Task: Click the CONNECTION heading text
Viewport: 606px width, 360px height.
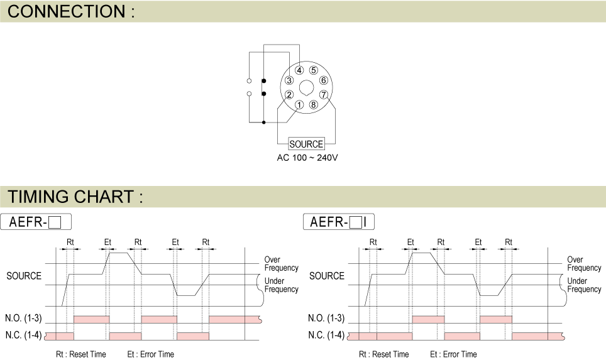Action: pyautogui.click(x=72, y=11)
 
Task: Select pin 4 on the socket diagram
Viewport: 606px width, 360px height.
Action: pyautogui.click(x=300, y=70)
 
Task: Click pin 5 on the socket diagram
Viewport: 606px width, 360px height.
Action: pyautogui.click(x=313, y=70)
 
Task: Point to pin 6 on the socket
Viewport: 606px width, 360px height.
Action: pyautogui.click(x=323, y=80)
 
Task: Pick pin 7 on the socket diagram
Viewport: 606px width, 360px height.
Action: pyautogui.click(x=323, y=95)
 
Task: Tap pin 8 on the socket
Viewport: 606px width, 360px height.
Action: pyautogui.click(x=313, y=104)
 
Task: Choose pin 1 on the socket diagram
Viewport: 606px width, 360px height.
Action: pyautogui.click(x=299, y=104)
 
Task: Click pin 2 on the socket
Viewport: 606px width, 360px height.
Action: pyautogui.click(x=289, y=95)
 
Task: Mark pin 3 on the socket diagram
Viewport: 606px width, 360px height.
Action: pyautogui.click(x=289, y=80)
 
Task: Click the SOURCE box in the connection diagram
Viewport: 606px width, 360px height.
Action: pyautogui.click(x=306, y=144)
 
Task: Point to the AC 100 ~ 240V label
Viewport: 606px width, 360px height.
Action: pyautogui.click(x=307, y=157)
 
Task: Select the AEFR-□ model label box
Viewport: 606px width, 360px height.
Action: pyautogui.click(x=36, y=222)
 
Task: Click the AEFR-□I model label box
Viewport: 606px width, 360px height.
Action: pyautogui.click(x=339, y=222)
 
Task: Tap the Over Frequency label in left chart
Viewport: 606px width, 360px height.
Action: pyautogui.click(x=281, y=264)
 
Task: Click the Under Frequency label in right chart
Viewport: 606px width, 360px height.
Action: pyautogui.click(x=584, y=285)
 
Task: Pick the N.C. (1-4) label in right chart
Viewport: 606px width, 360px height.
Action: pyautogui.click(x=326, y=335)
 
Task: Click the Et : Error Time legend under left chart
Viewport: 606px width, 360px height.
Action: pyautogui.click(x=150, y=354)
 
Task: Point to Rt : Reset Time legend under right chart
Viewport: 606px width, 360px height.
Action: pyautogui.click(x=383, y=354)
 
